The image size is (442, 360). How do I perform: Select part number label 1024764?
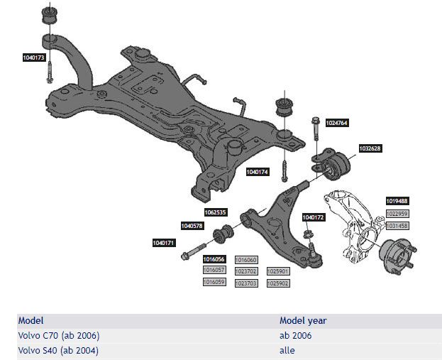click(337, 123)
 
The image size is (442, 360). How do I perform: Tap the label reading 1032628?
click(370, 148)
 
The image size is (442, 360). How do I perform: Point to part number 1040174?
click(257, 172)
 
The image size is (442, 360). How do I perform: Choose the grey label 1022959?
click(397, 213)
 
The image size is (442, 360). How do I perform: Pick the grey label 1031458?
click(397, 225)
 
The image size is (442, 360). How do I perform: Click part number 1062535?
click(215, 212)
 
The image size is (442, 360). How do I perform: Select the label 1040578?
click(192, 226)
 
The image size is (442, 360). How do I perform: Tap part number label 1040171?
click(163, 243)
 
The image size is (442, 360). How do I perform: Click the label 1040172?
click(313, 217)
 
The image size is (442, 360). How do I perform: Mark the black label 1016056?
click(214, 259)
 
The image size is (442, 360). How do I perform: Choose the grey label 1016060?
click(245, 259)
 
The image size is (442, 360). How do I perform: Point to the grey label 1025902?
click(277, 283)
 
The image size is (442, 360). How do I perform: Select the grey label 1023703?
click(245, 283)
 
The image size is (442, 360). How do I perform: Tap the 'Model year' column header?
click(303, 320)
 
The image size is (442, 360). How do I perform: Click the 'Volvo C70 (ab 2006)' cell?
click(58, 335)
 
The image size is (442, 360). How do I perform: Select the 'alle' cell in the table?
click(287, 350)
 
